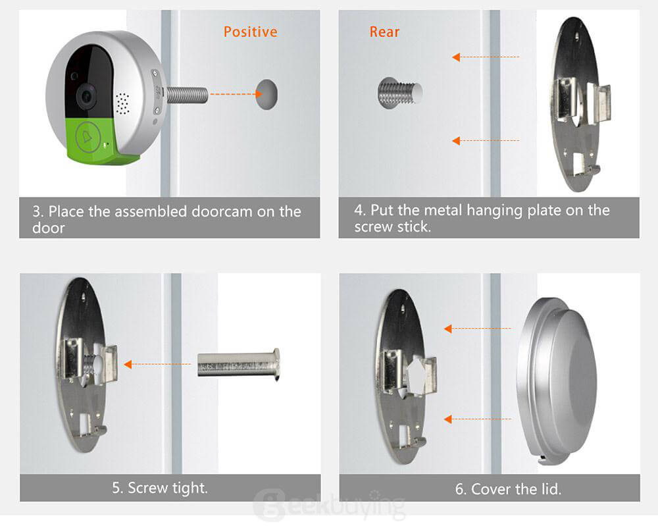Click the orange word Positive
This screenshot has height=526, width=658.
[251, 32]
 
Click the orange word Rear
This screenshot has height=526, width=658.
[384, 32]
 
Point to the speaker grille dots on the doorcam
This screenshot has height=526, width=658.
[122, 104]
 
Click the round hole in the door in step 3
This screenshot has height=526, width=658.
[266, 94]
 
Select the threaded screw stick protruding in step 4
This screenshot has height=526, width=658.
[400, 93]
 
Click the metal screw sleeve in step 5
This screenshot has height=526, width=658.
[239, 364]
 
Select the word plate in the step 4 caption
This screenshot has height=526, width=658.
[545, 210]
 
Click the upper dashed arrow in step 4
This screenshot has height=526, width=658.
[486, 57]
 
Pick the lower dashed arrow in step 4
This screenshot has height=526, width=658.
[486, 141]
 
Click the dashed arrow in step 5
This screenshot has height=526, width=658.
[157, 364]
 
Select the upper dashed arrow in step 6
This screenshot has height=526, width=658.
[478, 329]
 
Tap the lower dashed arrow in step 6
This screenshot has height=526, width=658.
[478, 419]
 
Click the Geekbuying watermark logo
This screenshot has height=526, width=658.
[330, 504]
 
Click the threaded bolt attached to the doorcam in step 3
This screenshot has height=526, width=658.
[187, 95]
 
